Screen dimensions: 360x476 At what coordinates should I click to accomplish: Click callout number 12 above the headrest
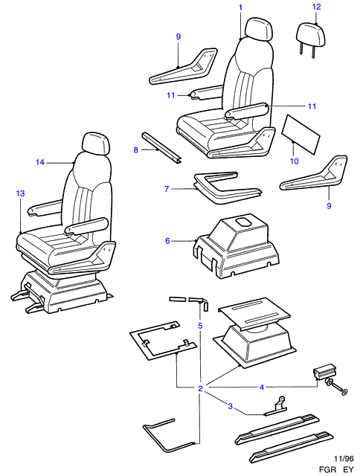[317, 7]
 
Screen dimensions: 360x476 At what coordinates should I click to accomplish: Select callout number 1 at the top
[241, 7]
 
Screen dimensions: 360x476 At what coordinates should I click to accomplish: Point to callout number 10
[295, 161]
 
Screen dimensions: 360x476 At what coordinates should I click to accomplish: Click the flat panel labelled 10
[300, 134]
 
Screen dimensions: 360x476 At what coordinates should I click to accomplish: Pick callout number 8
[136, 149]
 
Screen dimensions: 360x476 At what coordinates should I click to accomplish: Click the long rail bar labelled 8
[162, 149]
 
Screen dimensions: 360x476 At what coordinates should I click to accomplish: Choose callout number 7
[167, 189]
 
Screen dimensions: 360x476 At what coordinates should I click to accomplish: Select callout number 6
[167, 241]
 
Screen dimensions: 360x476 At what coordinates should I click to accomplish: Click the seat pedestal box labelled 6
[236, 248]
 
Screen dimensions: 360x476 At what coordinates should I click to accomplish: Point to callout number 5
[200, 326]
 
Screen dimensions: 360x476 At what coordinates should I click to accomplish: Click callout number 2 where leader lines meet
[200, 388]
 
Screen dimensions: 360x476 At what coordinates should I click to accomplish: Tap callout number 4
[262, 387]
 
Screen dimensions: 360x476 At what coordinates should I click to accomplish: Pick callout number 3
[231, 406]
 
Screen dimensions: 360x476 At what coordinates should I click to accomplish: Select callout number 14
[40, 162]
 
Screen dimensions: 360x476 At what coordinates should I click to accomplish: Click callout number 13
[20, 193]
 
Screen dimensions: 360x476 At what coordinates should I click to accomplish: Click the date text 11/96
[344, 459]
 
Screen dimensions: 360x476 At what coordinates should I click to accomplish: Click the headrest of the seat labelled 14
[96, 144]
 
